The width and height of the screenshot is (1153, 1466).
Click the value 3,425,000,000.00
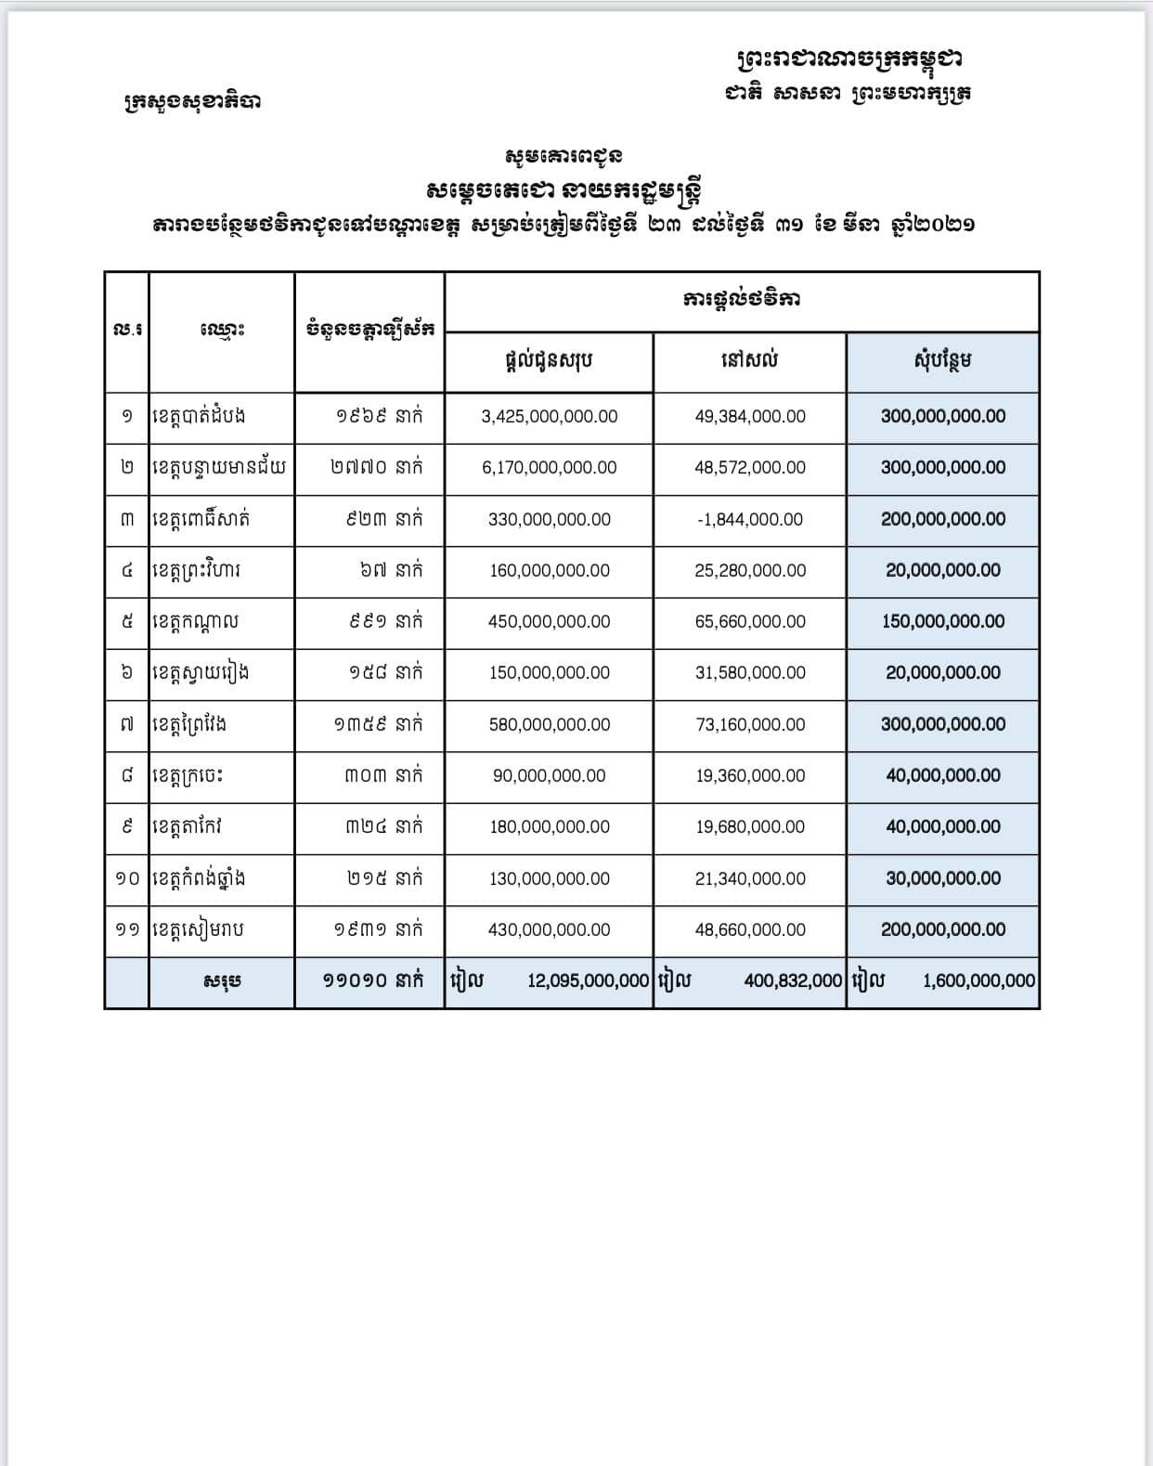[549, 417]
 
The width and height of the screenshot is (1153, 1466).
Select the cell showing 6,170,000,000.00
[549, 468]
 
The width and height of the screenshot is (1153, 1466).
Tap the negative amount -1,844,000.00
[750, 520]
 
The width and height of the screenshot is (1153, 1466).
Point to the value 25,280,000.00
[750, 571]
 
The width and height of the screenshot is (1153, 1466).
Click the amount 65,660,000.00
[750, 622]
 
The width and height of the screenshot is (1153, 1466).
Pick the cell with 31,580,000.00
[750, 673]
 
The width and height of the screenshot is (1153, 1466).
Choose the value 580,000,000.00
[549, 725]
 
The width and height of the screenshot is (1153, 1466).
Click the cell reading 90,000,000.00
[549, 776]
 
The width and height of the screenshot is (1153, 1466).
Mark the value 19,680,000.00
[750, 827]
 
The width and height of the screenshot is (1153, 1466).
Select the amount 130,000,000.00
[549, 879]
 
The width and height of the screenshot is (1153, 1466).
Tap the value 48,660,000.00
[750, 930]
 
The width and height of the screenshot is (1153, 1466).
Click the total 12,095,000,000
[588, 981]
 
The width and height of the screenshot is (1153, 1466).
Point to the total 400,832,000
[793, 981]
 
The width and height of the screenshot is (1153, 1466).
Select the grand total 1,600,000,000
[978, 981]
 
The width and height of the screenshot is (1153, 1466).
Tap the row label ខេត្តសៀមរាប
[198, 929]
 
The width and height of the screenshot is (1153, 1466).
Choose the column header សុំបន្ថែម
[942, 360]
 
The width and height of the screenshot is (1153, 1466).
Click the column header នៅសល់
[749, 360]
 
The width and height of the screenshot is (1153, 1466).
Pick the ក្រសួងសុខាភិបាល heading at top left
[192, 100]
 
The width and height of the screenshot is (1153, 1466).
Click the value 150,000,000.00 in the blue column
[942, 622]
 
